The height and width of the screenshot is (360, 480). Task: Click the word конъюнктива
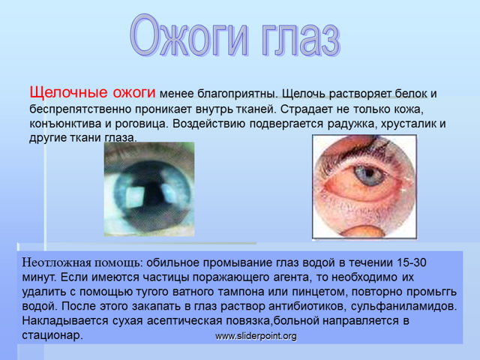(66, 124)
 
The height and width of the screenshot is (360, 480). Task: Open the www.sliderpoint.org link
(256, 336)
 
